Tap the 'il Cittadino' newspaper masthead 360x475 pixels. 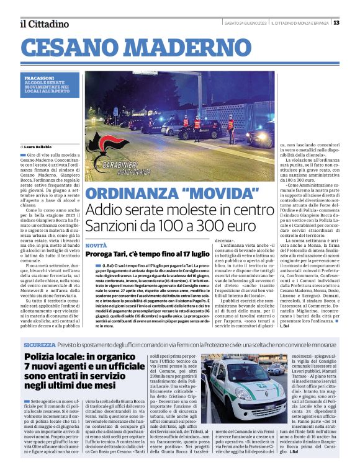tap(44, 24)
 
